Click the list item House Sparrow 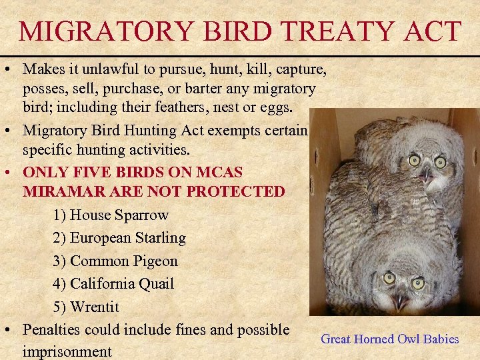[x=111, y=215]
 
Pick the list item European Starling [x=119, y=238]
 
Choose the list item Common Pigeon [x=115, y=261]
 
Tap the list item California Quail [x=113, y=284]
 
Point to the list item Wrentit [x=86, y=307]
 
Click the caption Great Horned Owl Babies [x=390, y=339]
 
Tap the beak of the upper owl [x=425, y=175]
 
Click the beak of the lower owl [x=400, y=301]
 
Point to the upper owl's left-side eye [x=414, y=160]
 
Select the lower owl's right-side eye [x=418, y=283]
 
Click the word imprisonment [x=67, y=351]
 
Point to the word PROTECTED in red [x=237, y=192]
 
